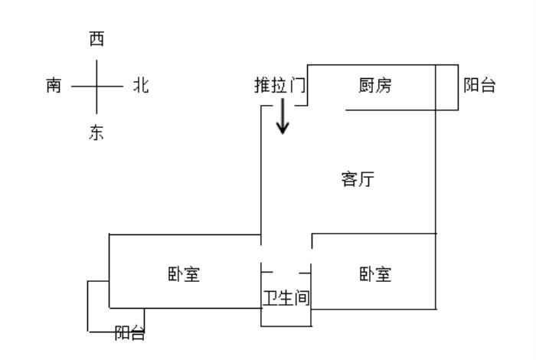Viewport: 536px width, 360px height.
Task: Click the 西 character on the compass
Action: point(96,38)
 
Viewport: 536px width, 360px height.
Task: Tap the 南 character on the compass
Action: point(54,85)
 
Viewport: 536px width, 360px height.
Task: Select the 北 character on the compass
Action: point(141,85)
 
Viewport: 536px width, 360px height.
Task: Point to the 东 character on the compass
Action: point(96,133)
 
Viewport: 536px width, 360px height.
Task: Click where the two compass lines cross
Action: point(96,87)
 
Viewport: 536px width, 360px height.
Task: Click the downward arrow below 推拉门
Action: point(283,116)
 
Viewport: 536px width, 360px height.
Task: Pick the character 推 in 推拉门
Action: point(263,85)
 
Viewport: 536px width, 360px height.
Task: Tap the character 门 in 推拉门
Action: point(297,85)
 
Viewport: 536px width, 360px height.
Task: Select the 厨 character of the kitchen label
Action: point(367,85)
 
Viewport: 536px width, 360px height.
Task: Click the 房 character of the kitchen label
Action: point(383,85)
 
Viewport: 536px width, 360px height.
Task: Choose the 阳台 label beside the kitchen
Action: point(479,85)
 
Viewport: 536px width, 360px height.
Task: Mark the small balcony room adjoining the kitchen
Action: point(446,87)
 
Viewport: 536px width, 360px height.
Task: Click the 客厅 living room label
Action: point(358,179)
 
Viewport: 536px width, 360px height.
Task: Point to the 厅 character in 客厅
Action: point(366,179)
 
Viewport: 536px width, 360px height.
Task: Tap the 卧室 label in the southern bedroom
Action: point(184,274)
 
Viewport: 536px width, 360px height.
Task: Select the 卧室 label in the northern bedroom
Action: point(375,274)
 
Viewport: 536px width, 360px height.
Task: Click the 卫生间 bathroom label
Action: point(286,298)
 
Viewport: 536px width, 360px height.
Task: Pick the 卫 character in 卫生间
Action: point(270,298)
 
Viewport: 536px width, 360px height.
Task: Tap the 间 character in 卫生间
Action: point(302,298)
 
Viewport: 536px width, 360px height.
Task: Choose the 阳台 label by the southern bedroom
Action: point(129,332)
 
